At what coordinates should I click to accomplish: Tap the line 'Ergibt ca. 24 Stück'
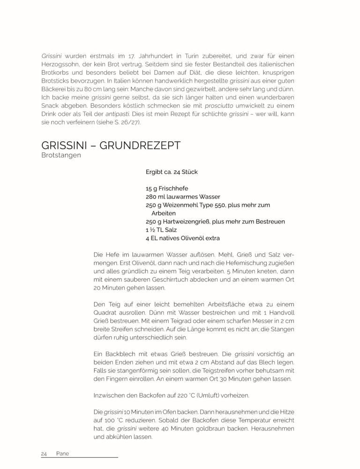point(172,172)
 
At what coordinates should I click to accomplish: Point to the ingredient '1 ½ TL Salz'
point(162,230)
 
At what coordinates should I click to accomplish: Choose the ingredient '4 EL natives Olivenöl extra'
point(183,238)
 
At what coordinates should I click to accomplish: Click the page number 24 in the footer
point(44,454)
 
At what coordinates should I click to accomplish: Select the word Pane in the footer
point(62,454)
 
